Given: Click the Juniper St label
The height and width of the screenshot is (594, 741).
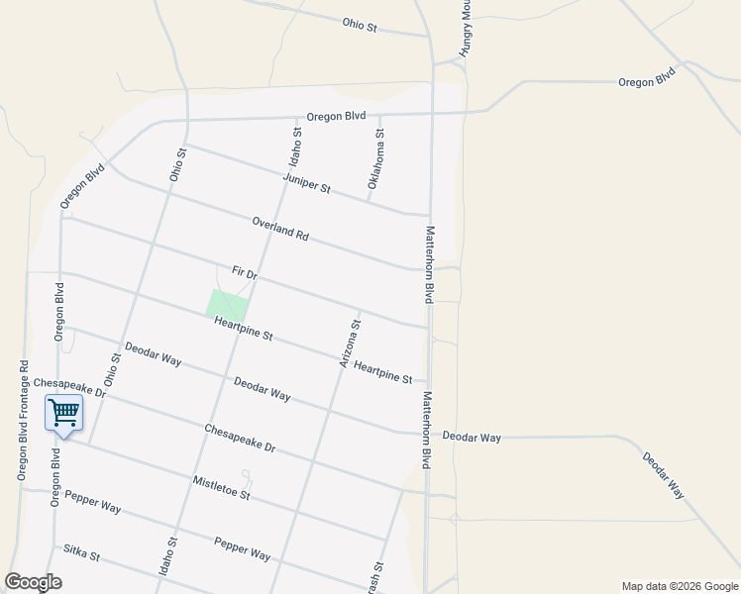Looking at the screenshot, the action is (306, 183).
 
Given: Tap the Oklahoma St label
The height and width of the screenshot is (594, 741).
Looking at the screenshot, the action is (375, 158).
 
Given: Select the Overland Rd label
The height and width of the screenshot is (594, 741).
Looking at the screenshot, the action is (280, 230).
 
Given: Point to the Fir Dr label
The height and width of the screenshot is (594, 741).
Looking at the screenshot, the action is (244, 272).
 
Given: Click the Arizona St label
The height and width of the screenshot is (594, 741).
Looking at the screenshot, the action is (350, 345).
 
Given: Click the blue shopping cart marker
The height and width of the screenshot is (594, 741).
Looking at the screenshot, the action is (63, 413).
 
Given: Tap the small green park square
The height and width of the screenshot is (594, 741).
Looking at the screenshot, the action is (228, 304).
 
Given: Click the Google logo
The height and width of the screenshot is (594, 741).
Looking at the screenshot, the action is (33, 582).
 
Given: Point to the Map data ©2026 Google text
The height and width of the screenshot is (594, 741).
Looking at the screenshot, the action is (679, 586).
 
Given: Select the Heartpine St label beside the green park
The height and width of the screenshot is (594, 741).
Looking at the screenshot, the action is (243, 328).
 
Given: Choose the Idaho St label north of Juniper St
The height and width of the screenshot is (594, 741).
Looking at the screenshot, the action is (295, 147).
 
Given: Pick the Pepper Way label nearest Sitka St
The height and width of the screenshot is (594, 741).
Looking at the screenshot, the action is (92, 501).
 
